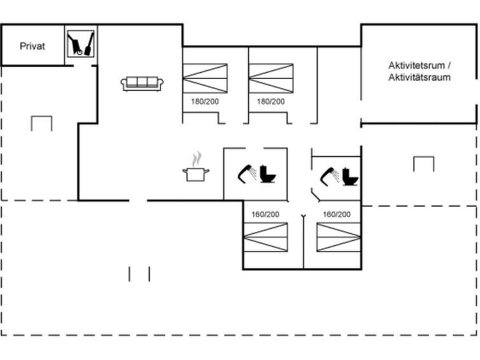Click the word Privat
pos(32,46)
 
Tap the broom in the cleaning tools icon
pos(89,44)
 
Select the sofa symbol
pos(142,84)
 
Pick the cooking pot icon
pos(196,174)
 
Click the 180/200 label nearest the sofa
pos(205,101)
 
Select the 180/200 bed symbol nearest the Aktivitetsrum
pos(271,78)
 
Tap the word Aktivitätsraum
pos(420,77)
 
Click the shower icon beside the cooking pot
pos(247,174)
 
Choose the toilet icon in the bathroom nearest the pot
pos(268,174)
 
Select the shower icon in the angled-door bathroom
pos(329,176)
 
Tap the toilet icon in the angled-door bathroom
pos(350,177)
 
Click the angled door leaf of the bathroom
pos(315,195)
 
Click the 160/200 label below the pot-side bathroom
pos(265,214)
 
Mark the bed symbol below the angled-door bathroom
pos(339,237)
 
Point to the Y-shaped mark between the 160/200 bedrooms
pos(303,217)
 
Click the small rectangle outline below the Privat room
pos(41,123)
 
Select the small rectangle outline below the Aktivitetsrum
pos(423,164)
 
